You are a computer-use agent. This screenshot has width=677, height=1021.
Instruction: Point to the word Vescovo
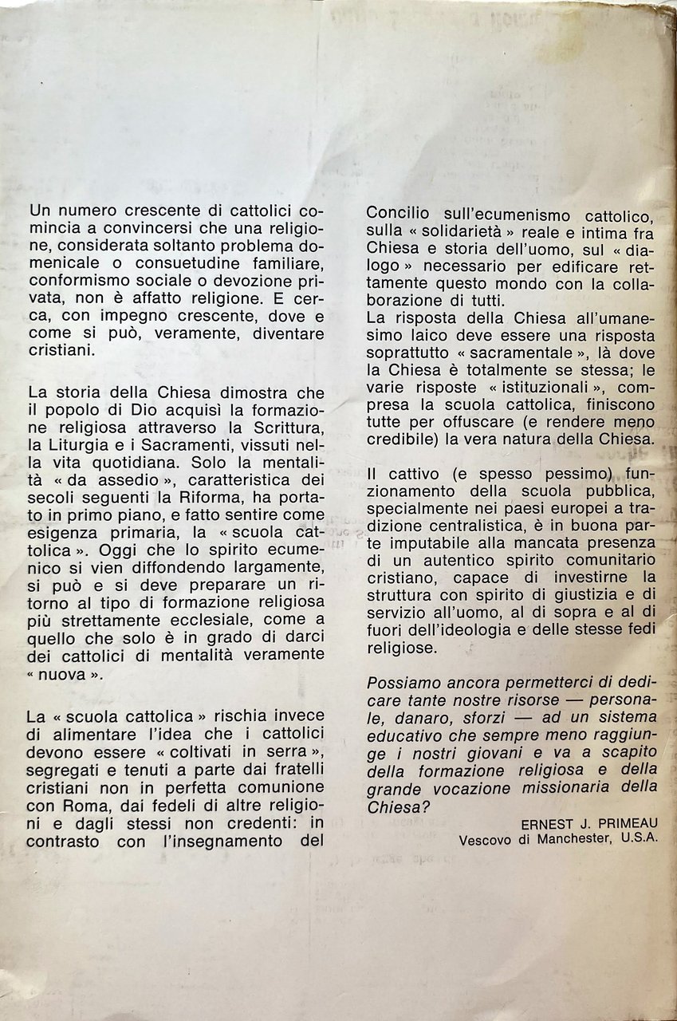pyautogui.click(x=487, y=842)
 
